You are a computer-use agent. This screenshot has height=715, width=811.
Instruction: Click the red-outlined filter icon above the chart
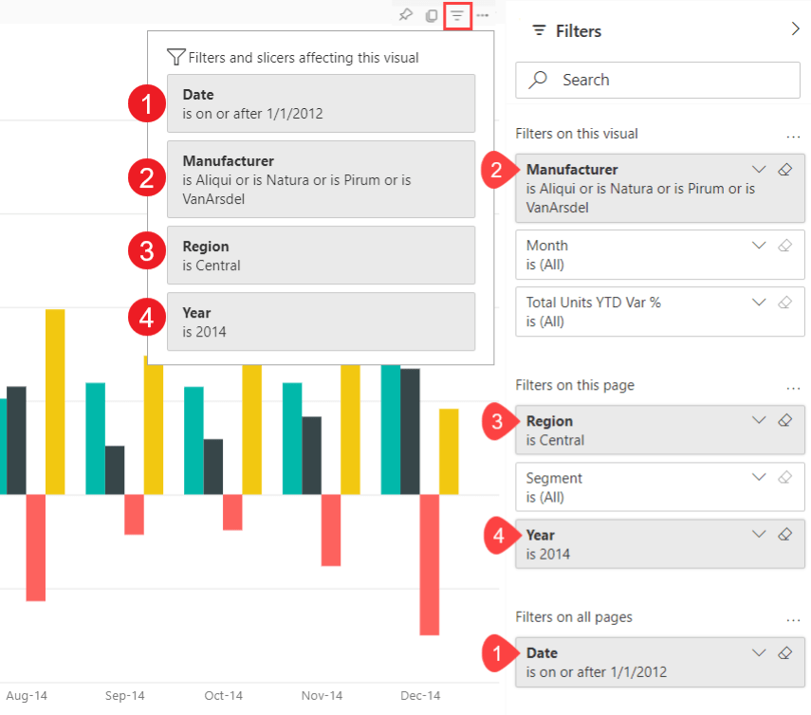coord(458,16)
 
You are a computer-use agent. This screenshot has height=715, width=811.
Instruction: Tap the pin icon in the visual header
coord(405,16)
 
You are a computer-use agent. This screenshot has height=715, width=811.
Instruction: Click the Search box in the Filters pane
coord(658,80)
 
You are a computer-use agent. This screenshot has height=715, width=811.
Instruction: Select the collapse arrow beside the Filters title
coord(795,29)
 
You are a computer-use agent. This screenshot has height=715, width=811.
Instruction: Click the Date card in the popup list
coord(321,103)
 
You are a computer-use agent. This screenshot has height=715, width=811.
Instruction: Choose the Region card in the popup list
coord(321,255)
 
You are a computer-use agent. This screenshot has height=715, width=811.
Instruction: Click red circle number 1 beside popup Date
coord(146,102)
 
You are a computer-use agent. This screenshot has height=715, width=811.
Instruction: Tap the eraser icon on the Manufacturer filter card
coord(784,170)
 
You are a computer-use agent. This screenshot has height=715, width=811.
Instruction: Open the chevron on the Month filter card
coord(758,245)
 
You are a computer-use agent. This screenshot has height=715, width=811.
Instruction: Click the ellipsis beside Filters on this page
coord(793,387)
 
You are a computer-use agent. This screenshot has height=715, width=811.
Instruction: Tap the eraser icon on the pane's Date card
coord(784,653)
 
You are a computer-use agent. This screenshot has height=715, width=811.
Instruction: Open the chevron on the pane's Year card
coord(758,535)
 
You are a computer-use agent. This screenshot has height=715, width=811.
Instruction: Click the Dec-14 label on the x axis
coord(420,696)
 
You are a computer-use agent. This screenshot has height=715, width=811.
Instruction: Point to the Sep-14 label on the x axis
coord(124,696)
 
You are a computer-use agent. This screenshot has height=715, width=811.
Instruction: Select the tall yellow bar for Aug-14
coord(55,401)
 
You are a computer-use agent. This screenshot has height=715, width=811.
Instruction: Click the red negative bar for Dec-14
coord(430,564)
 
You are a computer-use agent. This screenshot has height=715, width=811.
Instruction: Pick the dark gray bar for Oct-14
coord(213,467)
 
